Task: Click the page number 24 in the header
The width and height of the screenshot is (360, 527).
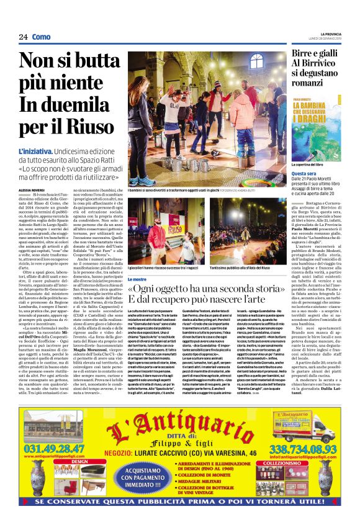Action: click(22, 37)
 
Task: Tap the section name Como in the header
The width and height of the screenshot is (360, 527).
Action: click(41, 37)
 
